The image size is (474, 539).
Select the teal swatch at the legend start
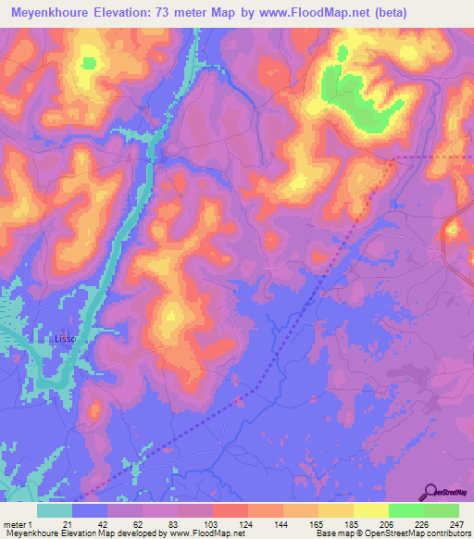point(55,510)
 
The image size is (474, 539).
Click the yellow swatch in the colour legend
point(370,510)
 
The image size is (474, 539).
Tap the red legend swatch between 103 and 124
point(230,510)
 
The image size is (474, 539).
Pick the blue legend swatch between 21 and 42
point(90,510)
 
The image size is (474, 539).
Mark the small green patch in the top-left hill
point(88,64)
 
